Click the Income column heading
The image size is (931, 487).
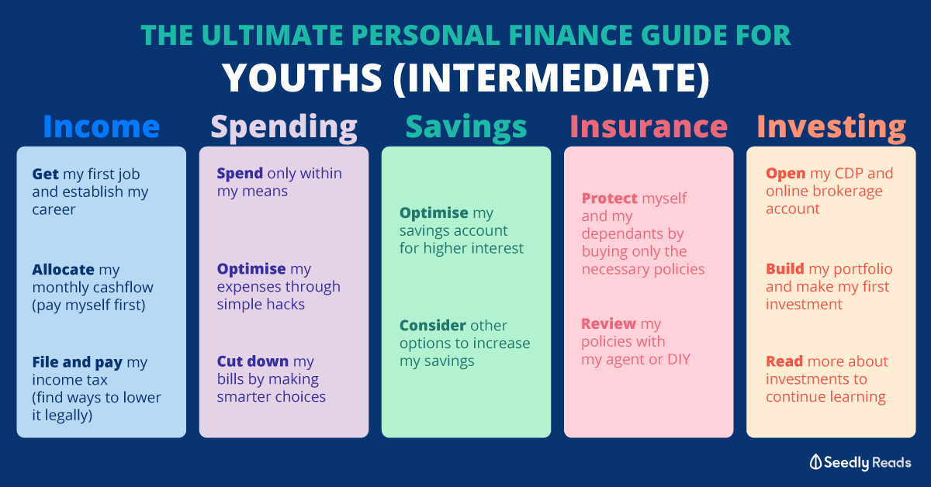pos(101,126)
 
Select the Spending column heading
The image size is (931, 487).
pos(284,126)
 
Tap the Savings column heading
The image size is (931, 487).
pos(465,126)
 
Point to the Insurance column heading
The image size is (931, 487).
pos(649,126)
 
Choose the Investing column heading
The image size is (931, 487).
pos(831,126)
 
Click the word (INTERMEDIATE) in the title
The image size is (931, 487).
pos(550,78)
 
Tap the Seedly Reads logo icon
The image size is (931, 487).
pos(815,462)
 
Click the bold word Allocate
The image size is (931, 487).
pos(64,270)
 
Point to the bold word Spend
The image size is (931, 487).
pos(240,173)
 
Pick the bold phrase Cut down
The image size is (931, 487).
pos(253,361)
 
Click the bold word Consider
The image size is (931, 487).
pos(433,326)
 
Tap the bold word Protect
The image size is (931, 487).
pos(610,199)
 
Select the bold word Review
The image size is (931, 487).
pos(609,324)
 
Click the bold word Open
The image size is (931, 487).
pos(785,173)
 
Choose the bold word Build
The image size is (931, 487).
pos(784,269)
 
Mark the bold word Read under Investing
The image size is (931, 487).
pos(784,361)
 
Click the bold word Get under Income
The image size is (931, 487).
pos(46,174)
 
